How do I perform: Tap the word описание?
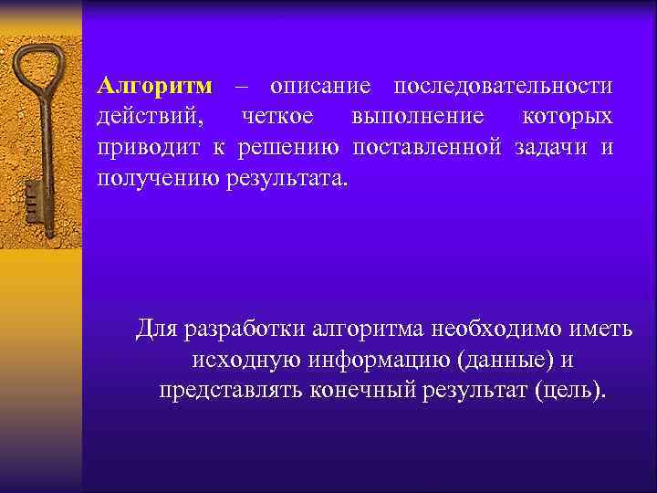tap(320, 87)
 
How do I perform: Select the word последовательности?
tap(503, 87)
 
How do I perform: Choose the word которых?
tap(567, 117)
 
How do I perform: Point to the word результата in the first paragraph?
tap(286, 177)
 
